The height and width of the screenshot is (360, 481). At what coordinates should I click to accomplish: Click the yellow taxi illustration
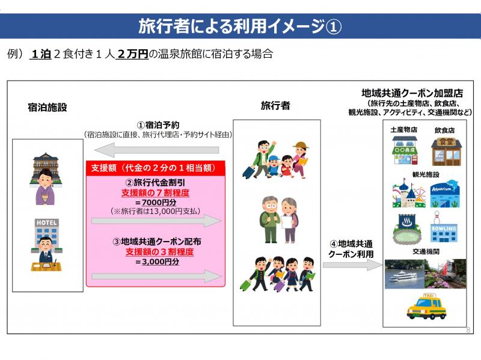click(426, 307)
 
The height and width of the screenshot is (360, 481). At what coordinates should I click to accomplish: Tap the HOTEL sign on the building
click(47, 222)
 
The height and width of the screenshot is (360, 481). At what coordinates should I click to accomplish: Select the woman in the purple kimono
click(45, 187)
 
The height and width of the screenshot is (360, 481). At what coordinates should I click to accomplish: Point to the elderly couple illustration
click(278, 219)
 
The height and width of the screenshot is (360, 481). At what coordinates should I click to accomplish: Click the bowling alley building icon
click(444, 227)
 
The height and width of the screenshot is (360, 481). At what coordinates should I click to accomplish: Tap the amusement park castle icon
click(409, 194)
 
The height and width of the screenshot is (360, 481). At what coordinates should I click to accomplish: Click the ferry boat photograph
click(405, 274)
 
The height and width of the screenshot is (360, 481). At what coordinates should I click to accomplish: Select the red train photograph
click(446, 274)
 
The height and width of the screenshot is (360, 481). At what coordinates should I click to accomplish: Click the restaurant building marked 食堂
click(446, 152)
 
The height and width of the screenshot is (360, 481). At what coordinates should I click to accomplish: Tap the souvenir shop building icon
click(405, 151)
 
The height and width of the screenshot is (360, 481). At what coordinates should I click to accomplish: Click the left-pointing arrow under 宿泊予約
click(156, 150)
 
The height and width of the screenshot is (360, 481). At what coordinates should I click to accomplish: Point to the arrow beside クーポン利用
click(353, 265)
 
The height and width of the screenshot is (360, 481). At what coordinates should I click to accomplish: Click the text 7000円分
click(159, 203)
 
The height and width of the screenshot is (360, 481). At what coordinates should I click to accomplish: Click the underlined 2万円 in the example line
click(132, 54)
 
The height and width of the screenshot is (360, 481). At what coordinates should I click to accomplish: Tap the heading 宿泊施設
click(47, 108)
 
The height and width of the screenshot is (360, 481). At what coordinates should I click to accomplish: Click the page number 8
click(468, 330)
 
